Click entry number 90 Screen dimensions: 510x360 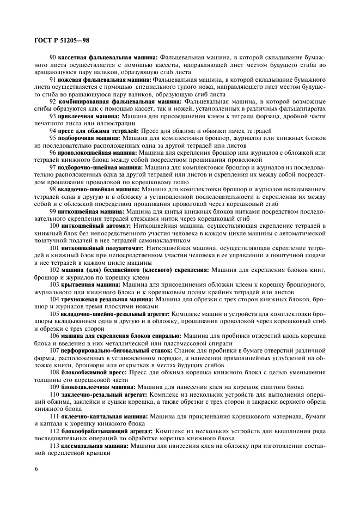coord(53,57)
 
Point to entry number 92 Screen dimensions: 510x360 coord(53,101)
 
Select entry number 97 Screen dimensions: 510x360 coord(53,168)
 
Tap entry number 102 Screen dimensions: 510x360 coord(54,270)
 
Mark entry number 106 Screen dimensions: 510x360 coord(54,336)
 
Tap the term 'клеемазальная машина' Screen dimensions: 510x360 coord(94,446)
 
